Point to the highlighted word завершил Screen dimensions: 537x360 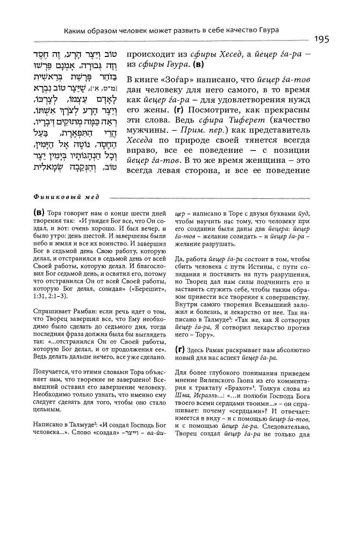(152, 228)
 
